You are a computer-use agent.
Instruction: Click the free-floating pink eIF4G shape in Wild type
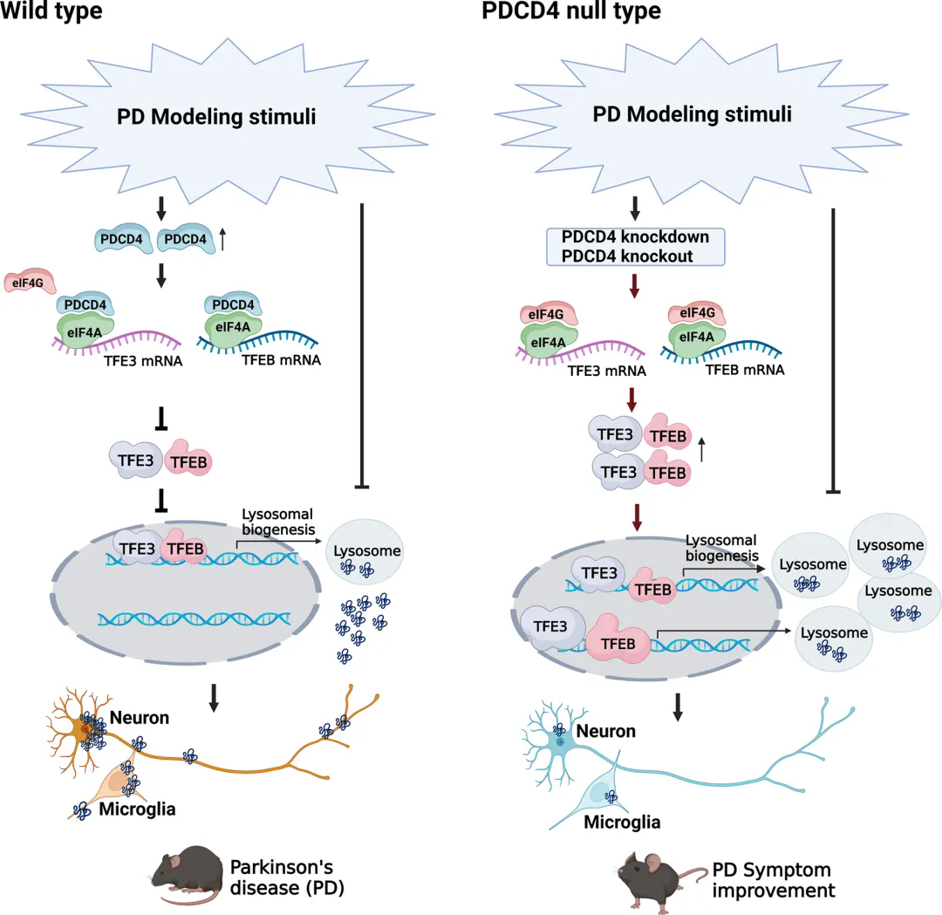pyautogui.click(x=31, y=282)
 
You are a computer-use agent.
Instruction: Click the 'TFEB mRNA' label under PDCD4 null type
pyautogui.click(x=746, y=370)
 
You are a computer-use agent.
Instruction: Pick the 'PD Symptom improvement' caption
pyautogui.click(x=771, y=880)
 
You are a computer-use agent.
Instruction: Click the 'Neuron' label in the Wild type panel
pyautogui.click(x=140, y=718)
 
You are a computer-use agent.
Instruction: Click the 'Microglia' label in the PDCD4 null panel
pyautogui.click(x=622, y=822)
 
